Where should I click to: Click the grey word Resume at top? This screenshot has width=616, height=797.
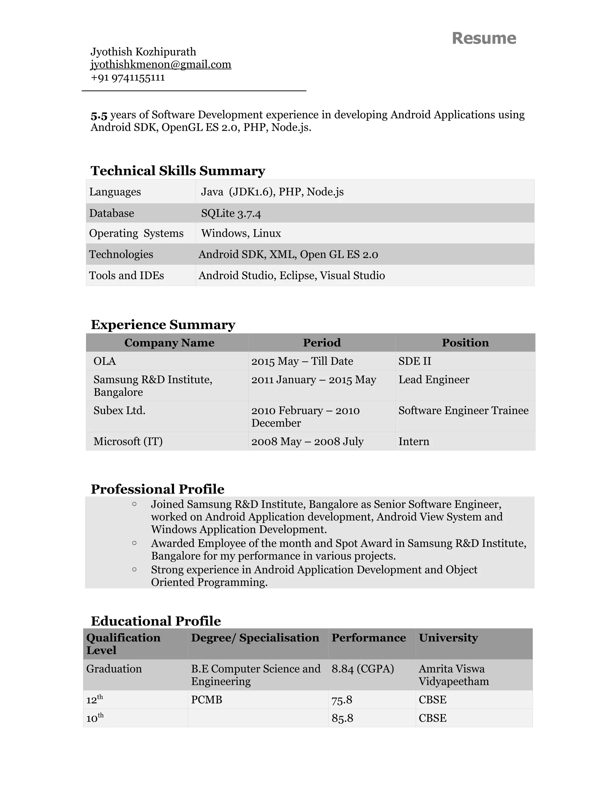point(484,38)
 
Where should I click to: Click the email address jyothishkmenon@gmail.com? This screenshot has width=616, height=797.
point(161,65)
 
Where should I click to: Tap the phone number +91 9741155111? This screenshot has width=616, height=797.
point(128,78)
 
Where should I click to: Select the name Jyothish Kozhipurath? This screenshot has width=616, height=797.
point(143,52)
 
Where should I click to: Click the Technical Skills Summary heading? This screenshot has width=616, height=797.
point(178,171)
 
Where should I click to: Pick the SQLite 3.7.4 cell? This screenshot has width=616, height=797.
point(231,214)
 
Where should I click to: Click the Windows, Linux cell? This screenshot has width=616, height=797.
point(241,233)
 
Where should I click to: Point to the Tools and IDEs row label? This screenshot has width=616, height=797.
point(126,275)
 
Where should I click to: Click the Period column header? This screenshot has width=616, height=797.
point(322,343)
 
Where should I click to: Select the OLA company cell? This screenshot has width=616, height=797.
point(105,361)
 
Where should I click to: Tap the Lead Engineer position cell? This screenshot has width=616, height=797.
point(433,380)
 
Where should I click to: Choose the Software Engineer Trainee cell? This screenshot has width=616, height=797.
point(463,411)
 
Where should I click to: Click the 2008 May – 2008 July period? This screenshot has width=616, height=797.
point(307,442)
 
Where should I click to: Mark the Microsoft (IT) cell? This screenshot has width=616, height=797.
point(128,442)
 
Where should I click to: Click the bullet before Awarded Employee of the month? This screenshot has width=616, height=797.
point(134,543)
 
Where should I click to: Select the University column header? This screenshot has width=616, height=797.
point(448,638)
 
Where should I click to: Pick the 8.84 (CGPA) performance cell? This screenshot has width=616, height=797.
point(362,669)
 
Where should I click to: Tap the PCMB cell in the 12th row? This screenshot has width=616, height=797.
point(207,700)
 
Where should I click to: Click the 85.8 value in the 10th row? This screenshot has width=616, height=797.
point(342,719)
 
